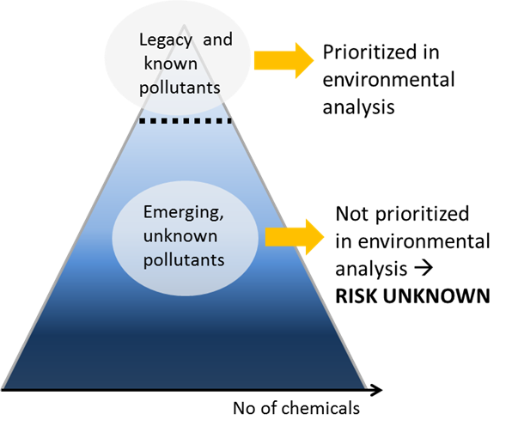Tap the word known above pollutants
tap(171, 63)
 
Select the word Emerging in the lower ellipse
tap(184, 213)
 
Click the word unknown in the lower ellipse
tap(180, 236)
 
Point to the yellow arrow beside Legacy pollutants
tap(283, 60)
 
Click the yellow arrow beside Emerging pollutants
tap(295, 237)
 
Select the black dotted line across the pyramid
tap(186, 121)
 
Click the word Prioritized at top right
tap(381, 52)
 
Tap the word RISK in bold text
tap(357, 295)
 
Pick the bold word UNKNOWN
tap(436, 295)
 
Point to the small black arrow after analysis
tap(424, 269)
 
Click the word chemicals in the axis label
tap(320, 408)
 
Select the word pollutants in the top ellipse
tap(180, 88)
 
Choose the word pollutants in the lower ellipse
tap(184, 260)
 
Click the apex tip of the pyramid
tap(184, 25)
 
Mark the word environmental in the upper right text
tap(388, 80)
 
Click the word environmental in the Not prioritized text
tap(424, 241)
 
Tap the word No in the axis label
tap(244, 408)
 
